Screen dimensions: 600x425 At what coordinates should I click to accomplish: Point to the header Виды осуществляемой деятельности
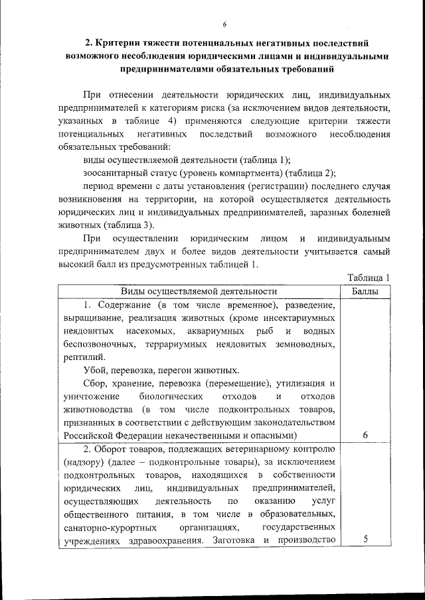coord(199,291)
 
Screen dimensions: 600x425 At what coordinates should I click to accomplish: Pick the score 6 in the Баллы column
coord(366,434)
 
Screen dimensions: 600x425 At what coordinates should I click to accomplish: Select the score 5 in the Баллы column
coord(366,540)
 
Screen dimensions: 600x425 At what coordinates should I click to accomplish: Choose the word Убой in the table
coord(96,370)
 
